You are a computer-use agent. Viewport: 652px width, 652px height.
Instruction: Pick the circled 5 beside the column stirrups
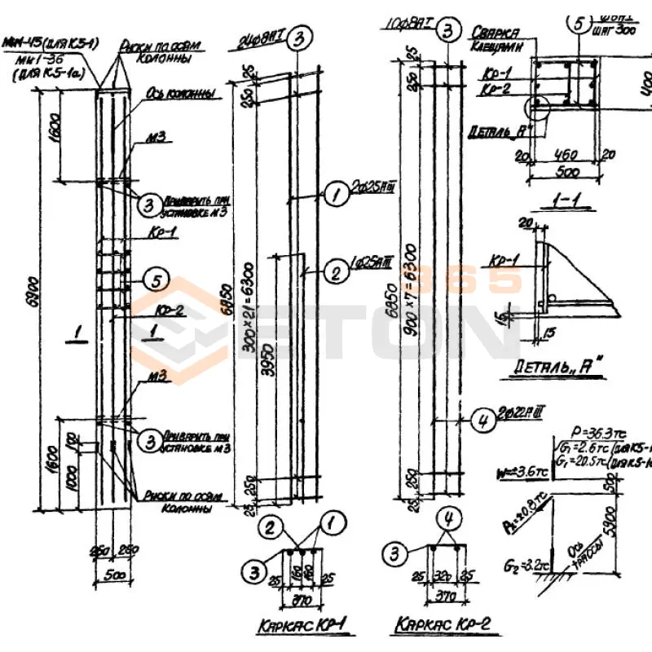coord(156,281)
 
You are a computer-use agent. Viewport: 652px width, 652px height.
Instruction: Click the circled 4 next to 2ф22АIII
coord(482,421)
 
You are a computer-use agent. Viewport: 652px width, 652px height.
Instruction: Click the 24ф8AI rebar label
coord(262,39)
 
